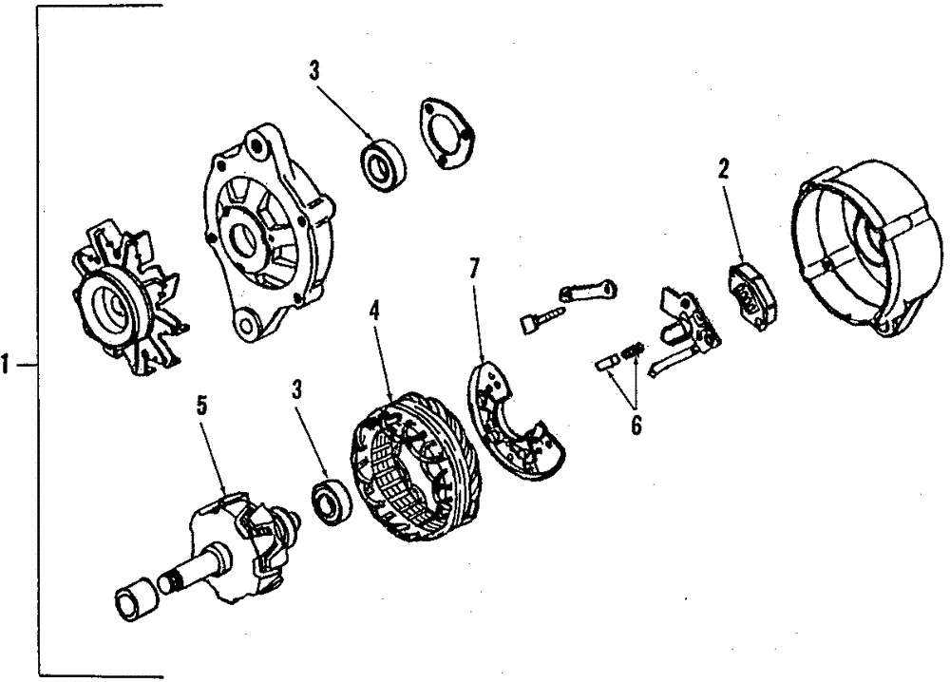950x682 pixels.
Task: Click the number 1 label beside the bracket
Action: [9, 364]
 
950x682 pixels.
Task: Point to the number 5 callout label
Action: [200, 406]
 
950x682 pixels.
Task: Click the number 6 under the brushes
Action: [635, 425]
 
